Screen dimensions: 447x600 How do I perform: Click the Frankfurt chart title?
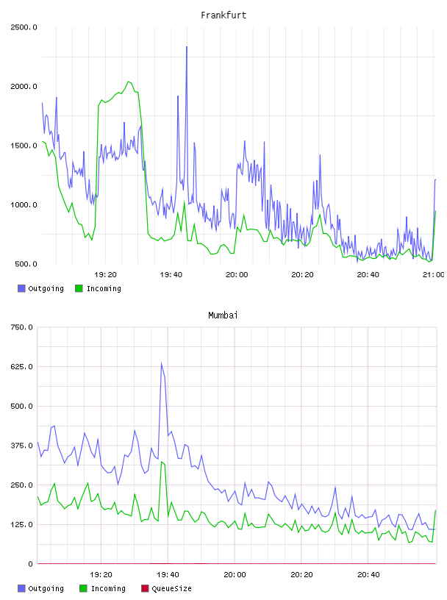pyautogui.click(x=223, y=15)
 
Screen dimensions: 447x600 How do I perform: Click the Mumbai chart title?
pyautogui.click(x=223, y=315)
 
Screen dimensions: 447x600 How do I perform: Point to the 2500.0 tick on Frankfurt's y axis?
pyautogui.click(x=24, y=27)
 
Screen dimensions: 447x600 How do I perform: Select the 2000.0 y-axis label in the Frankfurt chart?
pyautogui.click(x=24, y=87)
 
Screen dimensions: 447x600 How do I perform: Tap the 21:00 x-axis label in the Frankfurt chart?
pyautogui.click(x=433, y=275)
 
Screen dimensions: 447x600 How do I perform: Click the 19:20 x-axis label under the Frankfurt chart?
pyautogui.click(x=105, y=275)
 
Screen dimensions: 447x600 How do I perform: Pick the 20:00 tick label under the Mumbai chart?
pyautogui.click(x=235, y=575)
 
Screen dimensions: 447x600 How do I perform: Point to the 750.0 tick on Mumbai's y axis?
pyautogui.click(x=21, y=327)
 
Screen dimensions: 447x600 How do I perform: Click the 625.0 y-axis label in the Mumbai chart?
pyautogui.click(x=21, y=367)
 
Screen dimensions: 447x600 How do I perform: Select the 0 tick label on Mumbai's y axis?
pyautogui.click(x=30, y=564)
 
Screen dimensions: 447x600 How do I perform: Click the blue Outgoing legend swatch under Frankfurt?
pyautogui.click(x=21, y=288)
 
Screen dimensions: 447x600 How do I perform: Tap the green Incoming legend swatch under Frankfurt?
pyautogui.click(x=79, y=288)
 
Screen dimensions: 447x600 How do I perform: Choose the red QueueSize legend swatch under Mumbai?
pyautogui.click(x=145, y=588)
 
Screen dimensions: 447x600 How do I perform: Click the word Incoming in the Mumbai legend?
pyautogui.click(x=108, y=589)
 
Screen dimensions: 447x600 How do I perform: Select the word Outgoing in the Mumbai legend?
pyautogui.click(x=46, y=589)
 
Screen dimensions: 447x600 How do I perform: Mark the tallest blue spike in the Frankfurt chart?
pyautogui.click(x=187, y=47)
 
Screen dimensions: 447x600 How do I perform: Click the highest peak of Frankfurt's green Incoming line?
pyautogui.click(x=129, y=82)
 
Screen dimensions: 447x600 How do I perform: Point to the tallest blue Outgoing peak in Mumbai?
pyautogui.click(x=161, y=362)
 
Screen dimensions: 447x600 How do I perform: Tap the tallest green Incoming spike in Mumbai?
pyautogui.click(x=162, y=462)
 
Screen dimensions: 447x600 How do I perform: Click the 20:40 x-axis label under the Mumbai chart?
pyautogui.click(x=368, y=575)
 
